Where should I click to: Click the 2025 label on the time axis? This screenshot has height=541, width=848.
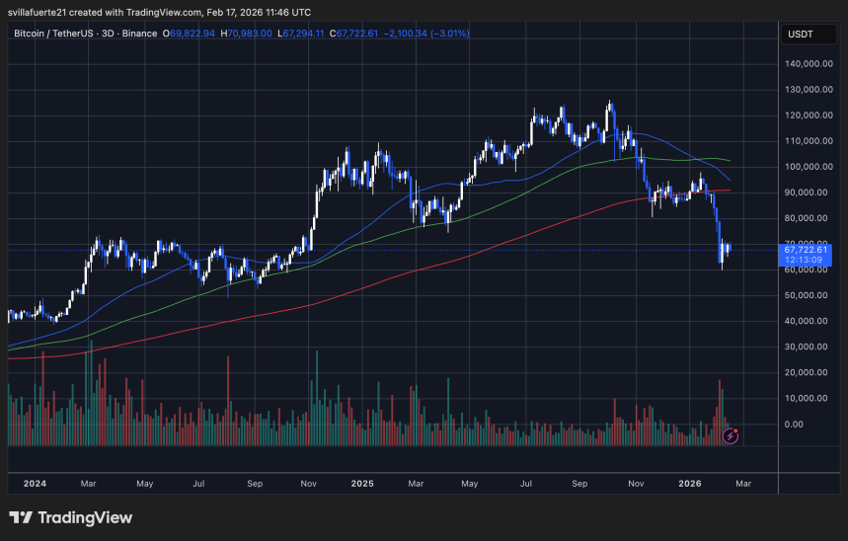[361, 484]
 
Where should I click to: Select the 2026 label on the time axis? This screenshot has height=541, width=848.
[689, 484]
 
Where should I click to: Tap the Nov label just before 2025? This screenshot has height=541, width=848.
[307, 484]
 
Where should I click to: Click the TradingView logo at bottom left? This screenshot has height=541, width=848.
[70, 518]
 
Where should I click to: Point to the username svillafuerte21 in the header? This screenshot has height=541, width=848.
[45, 12]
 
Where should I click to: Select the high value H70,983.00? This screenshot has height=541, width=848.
[248, 34]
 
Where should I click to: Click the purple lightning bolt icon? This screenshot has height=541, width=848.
[730, 434]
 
